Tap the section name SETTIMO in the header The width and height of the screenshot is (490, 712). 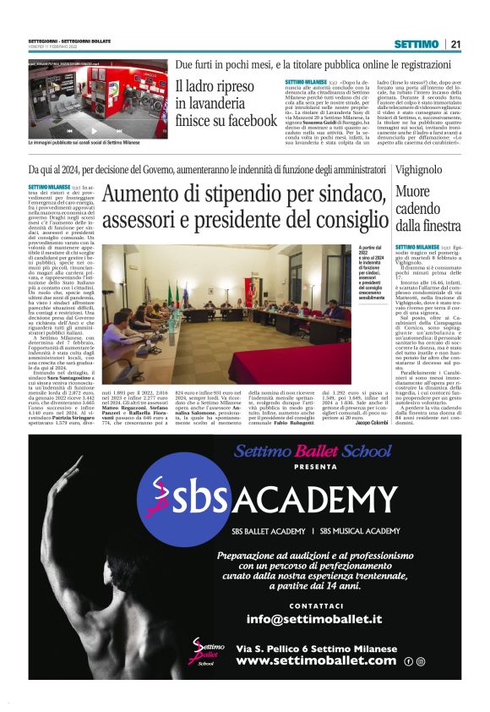[x=416, y=44]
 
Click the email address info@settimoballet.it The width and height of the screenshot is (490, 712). [x=314, y=619]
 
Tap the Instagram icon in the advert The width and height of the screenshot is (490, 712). [x=420, y=661]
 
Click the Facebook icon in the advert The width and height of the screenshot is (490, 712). [x=408, y=661]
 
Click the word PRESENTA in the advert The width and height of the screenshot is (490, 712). [x=315, y=466]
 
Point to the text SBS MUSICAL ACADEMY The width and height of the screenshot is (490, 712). [x=360, y=531]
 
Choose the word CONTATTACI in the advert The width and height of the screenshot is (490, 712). [x=315, y=605]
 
